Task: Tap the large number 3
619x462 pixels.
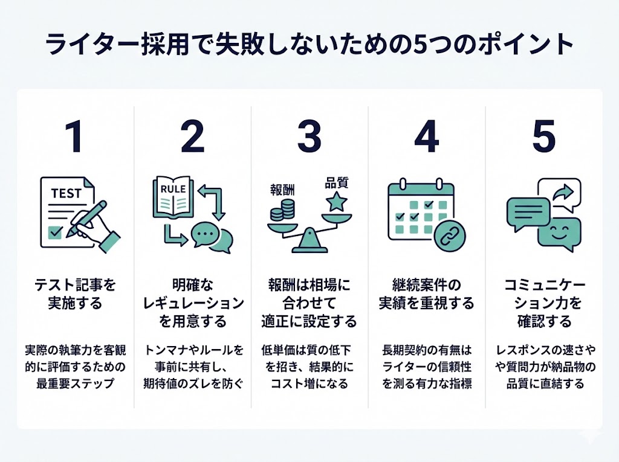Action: tap(309, 138)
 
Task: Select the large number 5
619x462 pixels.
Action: tap(543, 138)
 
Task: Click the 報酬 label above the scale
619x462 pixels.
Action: tap(282, 189)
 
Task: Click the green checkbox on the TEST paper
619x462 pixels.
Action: tap(56, 230)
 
